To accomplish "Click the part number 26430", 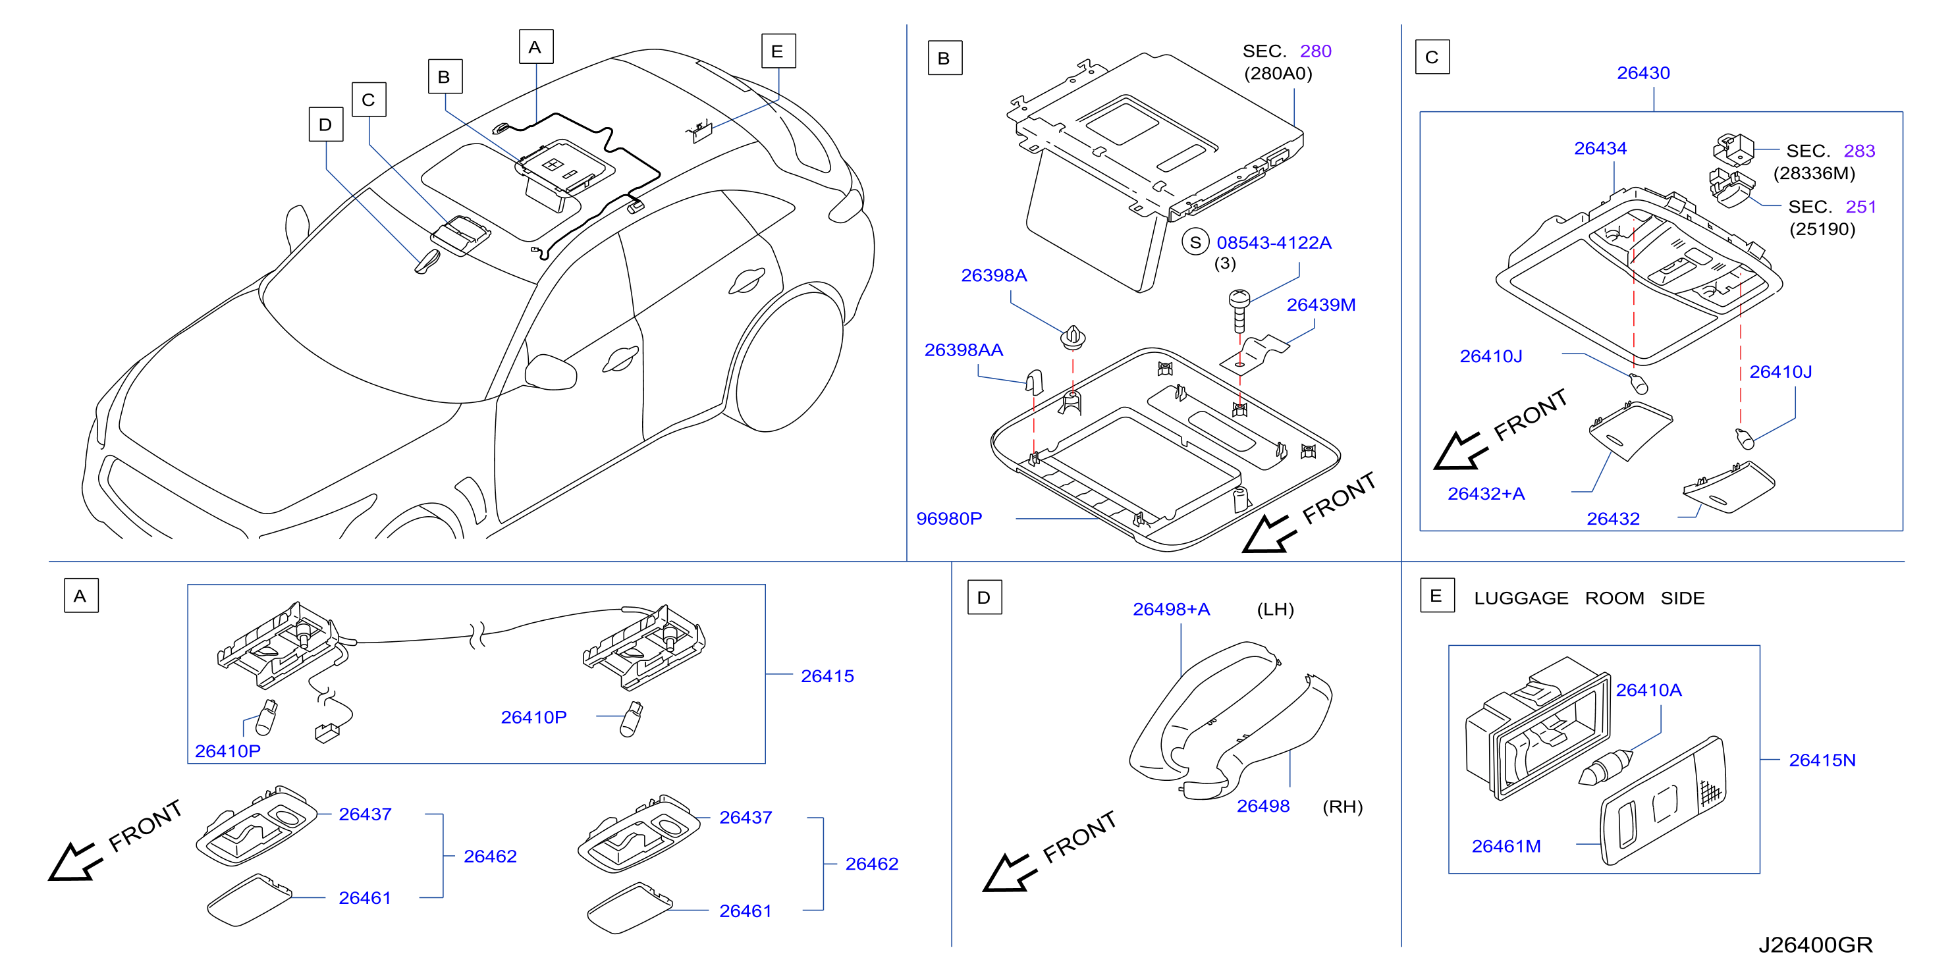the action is tap(1643, 73).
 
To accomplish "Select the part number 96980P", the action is tap(949, 518).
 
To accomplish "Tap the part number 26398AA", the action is tap(963, 350).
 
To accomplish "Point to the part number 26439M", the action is tap(1320, 305).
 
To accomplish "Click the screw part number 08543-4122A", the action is tap(1274, 243).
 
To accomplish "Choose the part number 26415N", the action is tap(1822, 760).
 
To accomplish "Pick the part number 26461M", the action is tap(1506, 846).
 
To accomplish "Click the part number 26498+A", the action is tap(1171, 609).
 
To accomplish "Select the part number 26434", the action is tap(1600, 149).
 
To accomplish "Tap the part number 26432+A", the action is tap(1485, 494).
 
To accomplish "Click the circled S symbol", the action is tap(1195, 243).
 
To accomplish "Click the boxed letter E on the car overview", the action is tap(778, 51).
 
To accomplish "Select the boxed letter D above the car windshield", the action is tap(325, 124).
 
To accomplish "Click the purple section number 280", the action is tap(1315, 51).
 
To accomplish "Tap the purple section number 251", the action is tap(1860, 206).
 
